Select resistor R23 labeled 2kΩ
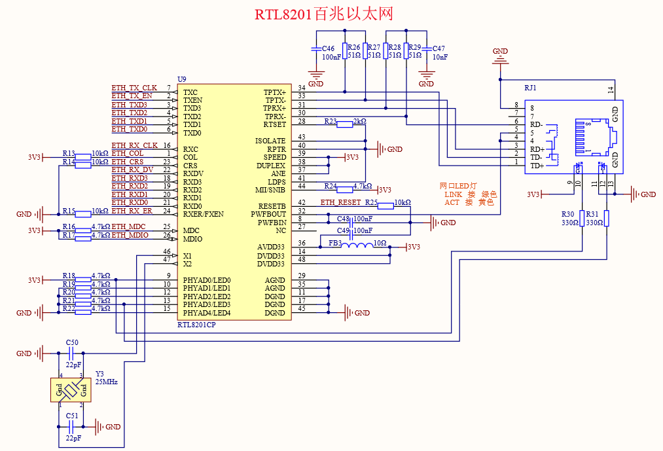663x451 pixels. [345, 124]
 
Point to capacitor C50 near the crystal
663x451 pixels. [71, 353]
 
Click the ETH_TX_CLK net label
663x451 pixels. [134, 88]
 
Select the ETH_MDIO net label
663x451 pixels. [130, 235]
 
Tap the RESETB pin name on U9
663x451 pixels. [272, 206]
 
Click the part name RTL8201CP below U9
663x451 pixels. [196, 325]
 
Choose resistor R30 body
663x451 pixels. [582, 218]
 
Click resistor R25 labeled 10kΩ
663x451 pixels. [385, 206]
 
